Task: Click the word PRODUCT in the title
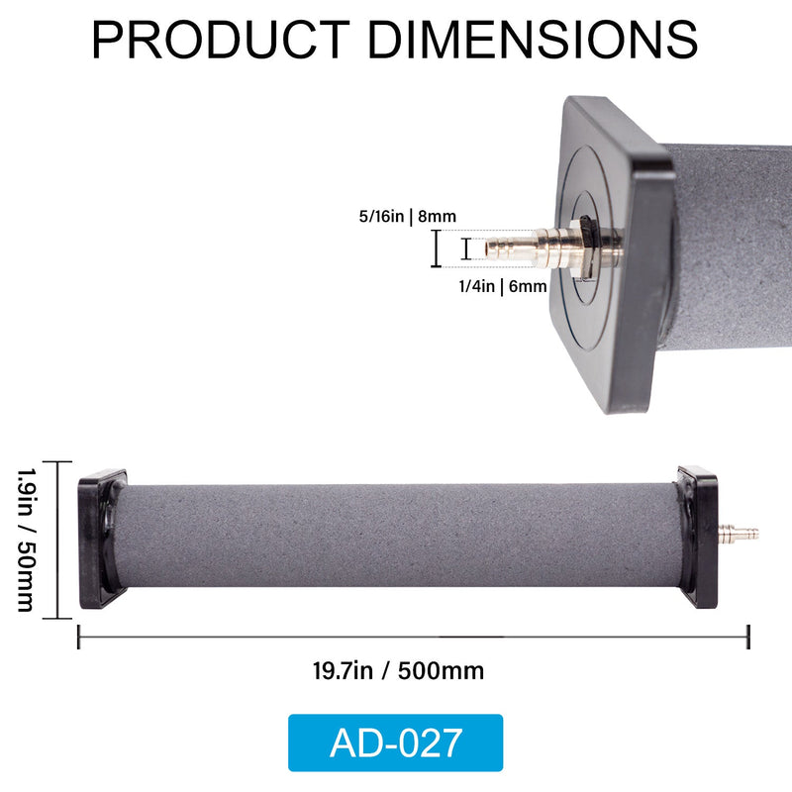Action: [219, 40]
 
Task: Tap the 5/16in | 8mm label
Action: [408, 215]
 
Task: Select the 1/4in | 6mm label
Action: [502, 286]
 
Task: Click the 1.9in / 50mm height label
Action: [26, 540]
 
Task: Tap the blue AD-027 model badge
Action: [395, 742]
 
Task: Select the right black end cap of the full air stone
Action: [699, 537]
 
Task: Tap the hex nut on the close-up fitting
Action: [583, 247]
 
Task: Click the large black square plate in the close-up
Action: [614, 247]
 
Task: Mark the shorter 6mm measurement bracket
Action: [466, 247]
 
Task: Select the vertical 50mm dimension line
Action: [58, 540]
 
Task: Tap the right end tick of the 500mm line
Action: [748, 637]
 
